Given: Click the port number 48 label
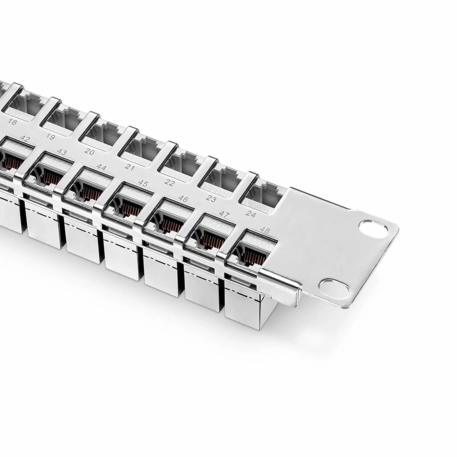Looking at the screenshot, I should point(264,230).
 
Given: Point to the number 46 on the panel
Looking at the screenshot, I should point(183,199).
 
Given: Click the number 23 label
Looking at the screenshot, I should point(211,199).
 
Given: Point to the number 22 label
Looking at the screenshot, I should point(170,183).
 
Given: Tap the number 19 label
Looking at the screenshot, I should point(51,137).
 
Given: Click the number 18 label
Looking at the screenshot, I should point(12,122).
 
